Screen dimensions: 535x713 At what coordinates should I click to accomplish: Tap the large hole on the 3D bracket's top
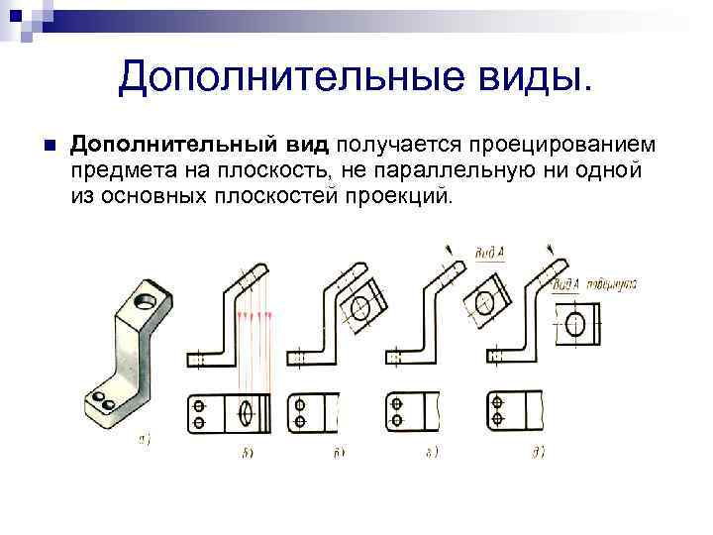(x=147, y=299)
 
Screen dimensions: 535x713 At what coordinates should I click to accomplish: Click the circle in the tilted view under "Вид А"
(x=485, y=298)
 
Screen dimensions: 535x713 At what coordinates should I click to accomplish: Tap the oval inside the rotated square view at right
(x=579, y=323)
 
